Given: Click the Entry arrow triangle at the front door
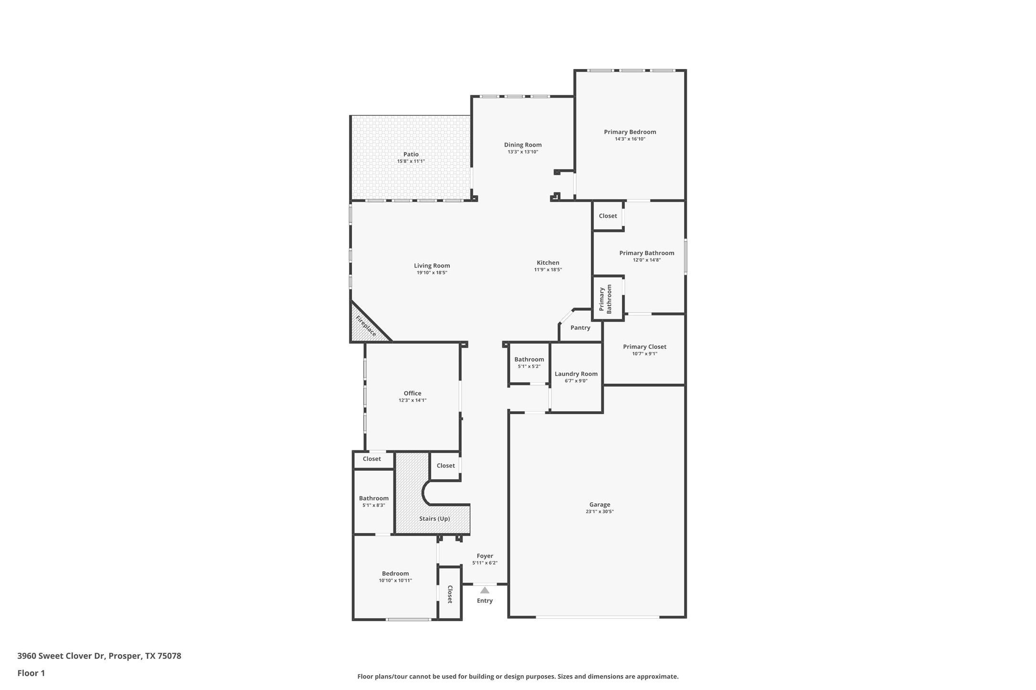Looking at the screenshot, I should tap(485, 590).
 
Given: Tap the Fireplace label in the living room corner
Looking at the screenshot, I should tap(366, 326).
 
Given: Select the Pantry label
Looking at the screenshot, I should tap(580, 328).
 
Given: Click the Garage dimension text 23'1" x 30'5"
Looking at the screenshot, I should tap(600, 512).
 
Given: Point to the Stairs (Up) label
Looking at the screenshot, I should tap(434, 518).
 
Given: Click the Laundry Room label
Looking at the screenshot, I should tap(576, 374).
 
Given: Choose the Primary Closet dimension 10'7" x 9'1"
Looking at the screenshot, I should tap(644, 354).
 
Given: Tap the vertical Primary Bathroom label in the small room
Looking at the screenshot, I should tap(605, 299).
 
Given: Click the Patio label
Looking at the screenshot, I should tap(411, 154).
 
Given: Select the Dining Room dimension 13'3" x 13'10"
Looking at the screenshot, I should tap(523, 152).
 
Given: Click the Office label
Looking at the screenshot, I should tap(412, 393).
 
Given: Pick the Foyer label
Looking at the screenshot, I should tap(485, 556).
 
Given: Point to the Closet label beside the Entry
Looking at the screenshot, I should tap(449, 594).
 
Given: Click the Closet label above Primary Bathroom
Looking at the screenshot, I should tap(608, 216).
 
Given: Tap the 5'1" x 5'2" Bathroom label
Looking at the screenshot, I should tap(529, 360).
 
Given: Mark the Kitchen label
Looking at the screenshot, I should tap(548, 263).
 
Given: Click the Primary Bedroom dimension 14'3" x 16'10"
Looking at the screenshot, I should tap(630, 139).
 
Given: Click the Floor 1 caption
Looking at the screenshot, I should tap(31, 673).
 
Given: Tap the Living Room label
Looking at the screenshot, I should tap(432, 266).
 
